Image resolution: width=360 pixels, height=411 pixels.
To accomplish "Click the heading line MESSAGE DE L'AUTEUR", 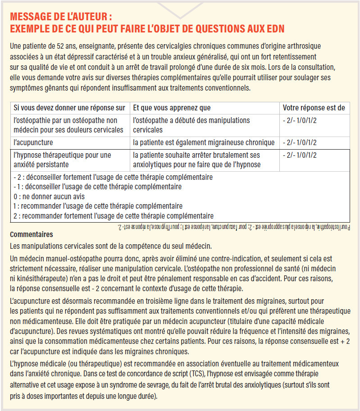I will coord(61,17).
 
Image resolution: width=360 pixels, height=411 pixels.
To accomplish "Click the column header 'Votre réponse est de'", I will coord(314,108).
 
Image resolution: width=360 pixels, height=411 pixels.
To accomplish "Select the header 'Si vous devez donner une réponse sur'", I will coord(69,108).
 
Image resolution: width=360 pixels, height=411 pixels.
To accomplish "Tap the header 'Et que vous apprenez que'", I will coord(172,108).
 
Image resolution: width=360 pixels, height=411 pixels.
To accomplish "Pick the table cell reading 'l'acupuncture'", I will coord(33,142).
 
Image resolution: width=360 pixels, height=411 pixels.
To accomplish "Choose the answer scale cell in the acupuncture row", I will coord(300,142).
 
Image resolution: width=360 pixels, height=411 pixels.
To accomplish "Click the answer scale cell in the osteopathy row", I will coord(300,121).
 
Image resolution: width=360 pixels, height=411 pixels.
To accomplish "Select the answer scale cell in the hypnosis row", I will coord(300,155).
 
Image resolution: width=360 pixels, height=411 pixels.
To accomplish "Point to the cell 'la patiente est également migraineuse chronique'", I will coord(204,142).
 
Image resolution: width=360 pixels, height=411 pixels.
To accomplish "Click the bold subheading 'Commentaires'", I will coord(31,234).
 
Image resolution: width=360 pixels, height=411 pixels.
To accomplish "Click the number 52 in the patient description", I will coord(55,46).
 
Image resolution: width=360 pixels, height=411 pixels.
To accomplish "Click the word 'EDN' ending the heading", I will coord(273,28).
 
